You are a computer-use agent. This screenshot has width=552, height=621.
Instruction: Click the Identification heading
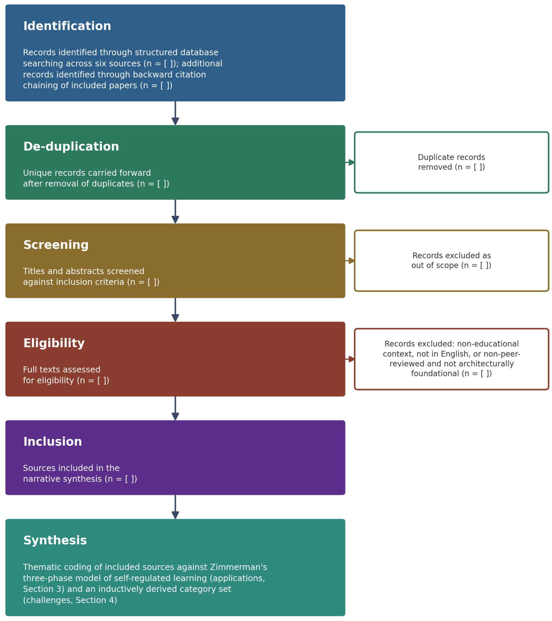pos(67,26)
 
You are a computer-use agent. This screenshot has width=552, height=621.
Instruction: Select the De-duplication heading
pos(71,147)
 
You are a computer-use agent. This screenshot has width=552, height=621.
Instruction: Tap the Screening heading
pos(56,245)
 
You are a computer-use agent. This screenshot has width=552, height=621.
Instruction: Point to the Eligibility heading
pos(54,343)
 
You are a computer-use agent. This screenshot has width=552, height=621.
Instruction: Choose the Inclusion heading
pos(52,441)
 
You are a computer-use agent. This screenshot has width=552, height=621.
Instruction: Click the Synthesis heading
pos(55,540)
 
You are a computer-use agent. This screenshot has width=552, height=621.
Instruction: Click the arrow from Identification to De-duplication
pos(175,113)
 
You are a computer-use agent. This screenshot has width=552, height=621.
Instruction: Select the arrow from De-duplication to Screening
pos(175,211)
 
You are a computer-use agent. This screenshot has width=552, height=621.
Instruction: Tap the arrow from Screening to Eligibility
pos(175,310)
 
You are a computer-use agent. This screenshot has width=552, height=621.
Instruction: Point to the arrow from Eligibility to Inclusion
pos(175,408)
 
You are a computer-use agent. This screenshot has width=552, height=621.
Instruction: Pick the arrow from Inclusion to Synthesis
pos(175,507)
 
